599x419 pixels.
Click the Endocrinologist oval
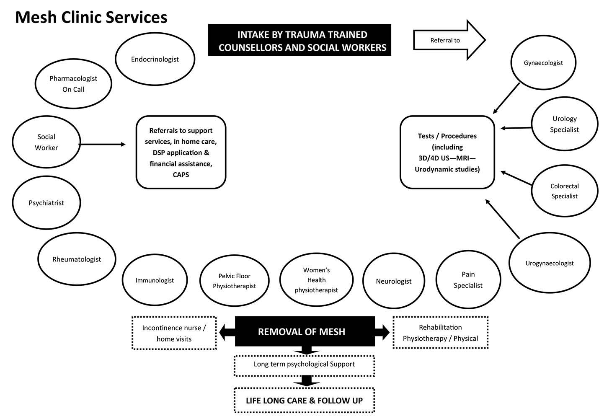(x=155, y=59)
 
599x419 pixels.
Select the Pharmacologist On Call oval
(x=73, y=84)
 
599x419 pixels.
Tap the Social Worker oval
(x=46, y=142)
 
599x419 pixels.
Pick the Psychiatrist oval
(x=46, y=203)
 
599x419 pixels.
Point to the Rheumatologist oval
(x=77, y=259)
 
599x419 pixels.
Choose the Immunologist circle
(x=155, y=280)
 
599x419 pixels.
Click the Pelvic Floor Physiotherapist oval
(x=234, y=281)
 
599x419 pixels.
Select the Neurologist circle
(x=393, y=281)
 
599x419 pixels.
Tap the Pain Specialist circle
(x=468, y=279)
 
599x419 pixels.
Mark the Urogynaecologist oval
(x=550, y=263)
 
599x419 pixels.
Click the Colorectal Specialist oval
(x=564, y=191)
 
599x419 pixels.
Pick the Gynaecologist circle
(x=543, y=62)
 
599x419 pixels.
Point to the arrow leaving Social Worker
(x=102, y=145)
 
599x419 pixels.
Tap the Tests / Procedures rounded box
(x=447, y=153)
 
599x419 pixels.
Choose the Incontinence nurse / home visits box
(x=174, y=333)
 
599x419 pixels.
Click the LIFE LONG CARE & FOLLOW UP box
(x=304, y=401)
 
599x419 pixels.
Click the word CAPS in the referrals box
(x=181, y=174)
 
